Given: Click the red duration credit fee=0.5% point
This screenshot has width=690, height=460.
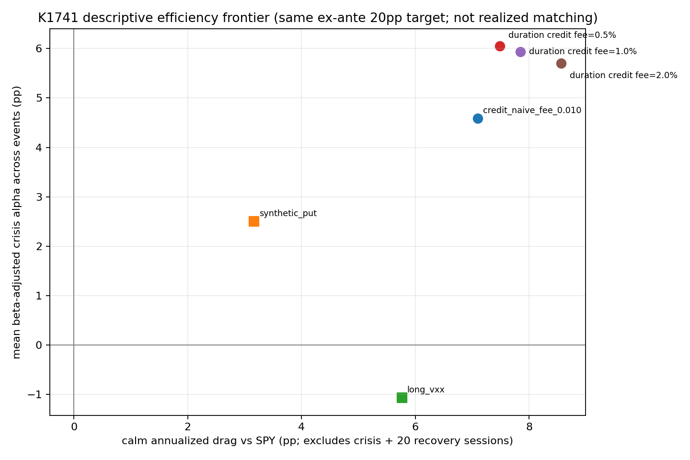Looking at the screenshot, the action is pos(500,46).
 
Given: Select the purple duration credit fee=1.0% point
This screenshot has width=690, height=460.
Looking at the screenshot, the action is pos(520,52).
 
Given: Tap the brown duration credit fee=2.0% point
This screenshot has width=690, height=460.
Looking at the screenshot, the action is pos(561,63).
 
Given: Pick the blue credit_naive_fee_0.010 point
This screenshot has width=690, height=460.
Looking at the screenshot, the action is pos(478,118).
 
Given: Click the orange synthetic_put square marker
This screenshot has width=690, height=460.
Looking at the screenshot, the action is pos(254,221).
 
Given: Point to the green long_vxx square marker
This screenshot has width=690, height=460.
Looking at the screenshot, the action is pos(402,397).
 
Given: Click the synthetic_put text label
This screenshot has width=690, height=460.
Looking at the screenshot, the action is pos(288,213).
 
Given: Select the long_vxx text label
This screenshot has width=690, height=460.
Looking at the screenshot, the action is pos(425,390).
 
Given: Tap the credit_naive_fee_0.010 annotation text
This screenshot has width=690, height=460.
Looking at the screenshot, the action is pos(532,110).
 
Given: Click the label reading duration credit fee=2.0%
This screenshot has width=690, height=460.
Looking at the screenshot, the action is pos(623,75).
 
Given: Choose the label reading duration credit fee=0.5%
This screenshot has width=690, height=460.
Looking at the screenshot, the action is pos(562,35).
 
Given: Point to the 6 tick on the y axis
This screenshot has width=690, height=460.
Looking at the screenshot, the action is pos(39,49).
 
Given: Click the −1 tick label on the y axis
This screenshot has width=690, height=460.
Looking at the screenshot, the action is pos(35,395).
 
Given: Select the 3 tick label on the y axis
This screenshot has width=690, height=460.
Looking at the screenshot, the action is pos(39,197).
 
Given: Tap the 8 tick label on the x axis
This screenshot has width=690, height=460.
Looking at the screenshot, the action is pos(529,427).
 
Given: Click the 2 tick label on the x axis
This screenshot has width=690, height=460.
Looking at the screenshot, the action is pos(188,427).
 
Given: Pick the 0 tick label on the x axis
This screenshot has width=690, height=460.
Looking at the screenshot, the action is pos(74,427).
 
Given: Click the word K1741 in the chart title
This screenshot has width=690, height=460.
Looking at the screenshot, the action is pos(58,18).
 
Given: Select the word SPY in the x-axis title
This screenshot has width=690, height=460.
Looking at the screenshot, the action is pos(265,441).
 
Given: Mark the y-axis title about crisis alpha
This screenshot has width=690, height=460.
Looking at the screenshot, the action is pos(16,222).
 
